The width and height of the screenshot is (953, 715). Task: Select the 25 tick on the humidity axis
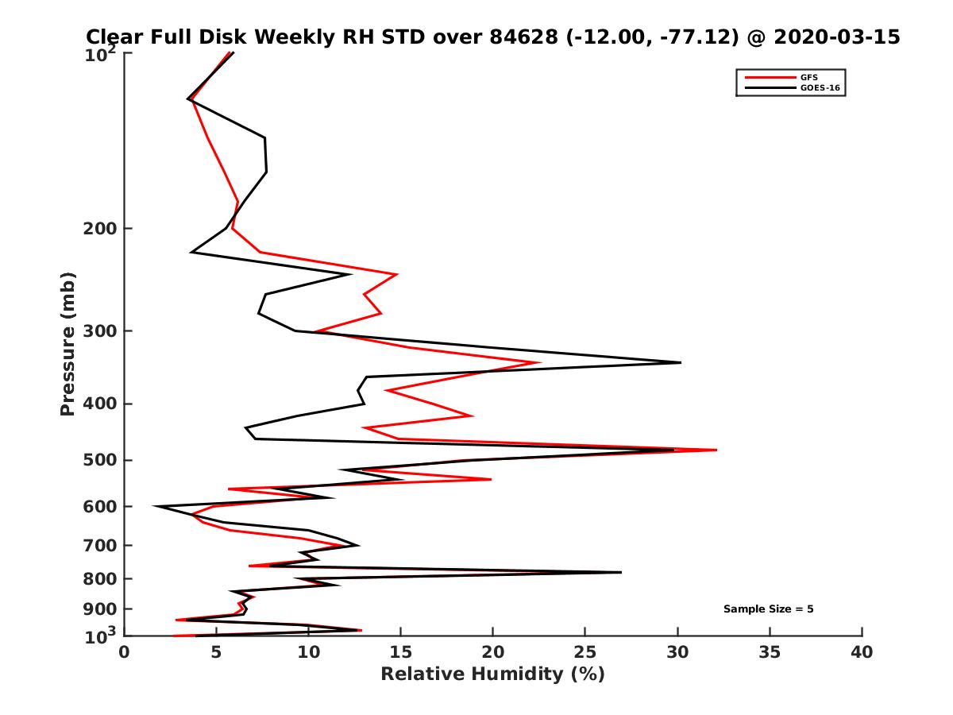tap(585, 653)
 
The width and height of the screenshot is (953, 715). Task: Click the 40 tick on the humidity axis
tap(862, 653)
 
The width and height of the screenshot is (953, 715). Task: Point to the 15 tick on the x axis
tap(401, 653)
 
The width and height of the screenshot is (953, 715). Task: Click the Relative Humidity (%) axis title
tap(492, 674)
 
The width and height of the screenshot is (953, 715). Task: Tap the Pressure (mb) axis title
tap(68, 344)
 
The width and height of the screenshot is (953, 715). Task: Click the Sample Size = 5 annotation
tap(768, 609)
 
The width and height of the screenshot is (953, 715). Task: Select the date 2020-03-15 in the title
tap(837, 37)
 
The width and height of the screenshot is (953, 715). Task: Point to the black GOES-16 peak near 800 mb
tap(621, 572)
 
